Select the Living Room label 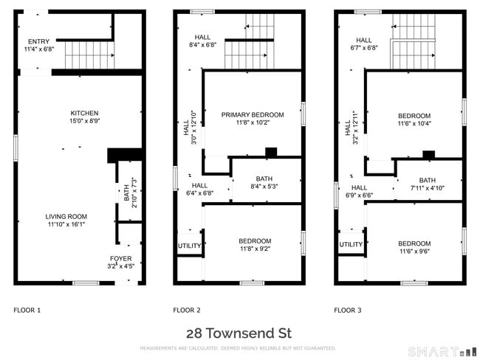66,216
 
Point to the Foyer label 121,258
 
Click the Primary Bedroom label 252,114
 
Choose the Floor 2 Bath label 264,179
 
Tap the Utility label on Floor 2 189,246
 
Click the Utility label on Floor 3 351,244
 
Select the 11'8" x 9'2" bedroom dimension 255,249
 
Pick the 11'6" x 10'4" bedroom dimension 414,124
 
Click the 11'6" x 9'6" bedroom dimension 414,252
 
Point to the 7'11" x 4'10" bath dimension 428,189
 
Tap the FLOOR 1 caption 27,311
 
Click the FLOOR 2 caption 187,311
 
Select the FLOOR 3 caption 348,311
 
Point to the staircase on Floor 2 250,54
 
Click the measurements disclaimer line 238,348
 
